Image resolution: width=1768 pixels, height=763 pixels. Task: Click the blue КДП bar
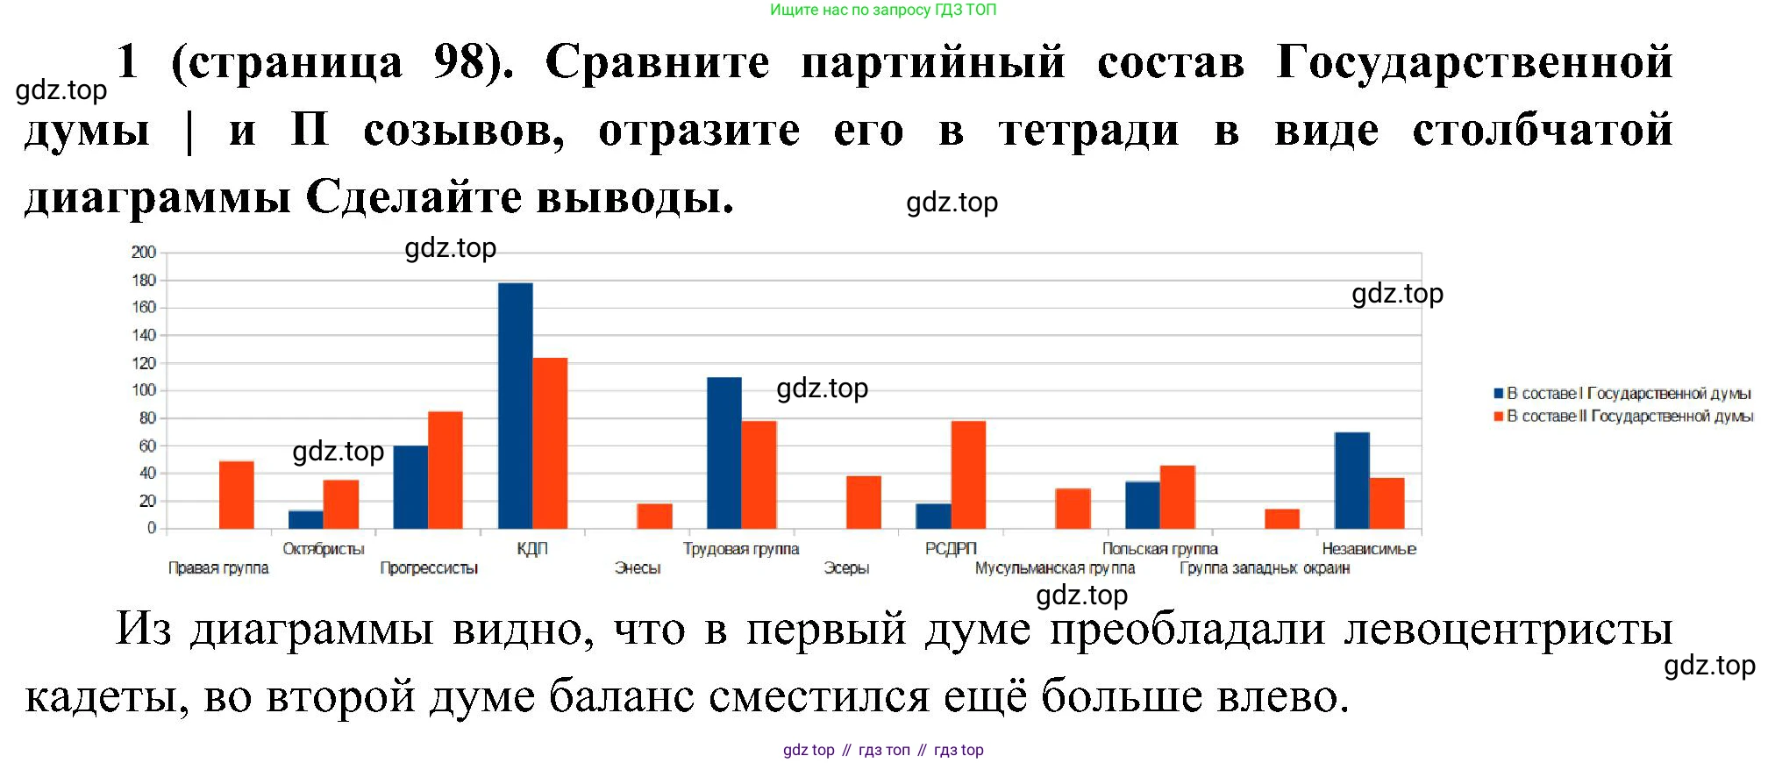click(516, 405)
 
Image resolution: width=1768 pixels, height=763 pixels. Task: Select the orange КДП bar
click(550, 443)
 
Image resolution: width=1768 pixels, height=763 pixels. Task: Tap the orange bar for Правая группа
click(237, 495)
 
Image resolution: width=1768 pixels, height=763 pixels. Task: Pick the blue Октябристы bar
click(306, 519)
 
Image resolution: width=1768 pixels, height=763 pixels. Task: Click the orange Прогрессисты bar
click(446, 470)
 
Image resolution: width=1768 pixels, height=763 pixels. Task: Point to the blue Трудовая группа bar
click(724, 453)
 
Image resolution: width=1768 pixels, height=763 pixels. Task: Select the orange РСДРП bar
click(968, 474)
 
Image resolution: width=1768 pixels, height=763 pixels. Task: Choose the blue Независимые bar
click(1352, 481)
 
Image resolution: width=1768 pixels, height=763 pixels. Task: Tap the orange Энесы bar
click(655, 516)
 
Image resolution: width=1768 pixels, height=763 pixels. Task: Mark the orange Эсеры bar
click(864, 502)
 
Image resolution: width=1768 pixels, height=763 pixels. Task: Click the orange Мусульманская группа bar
click(1073, 509)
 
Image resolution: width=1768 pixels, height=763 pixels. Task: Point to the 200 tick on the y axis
click(144, 253)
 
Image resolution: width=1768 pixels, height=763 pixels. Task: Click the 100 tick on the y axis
click(144, 390)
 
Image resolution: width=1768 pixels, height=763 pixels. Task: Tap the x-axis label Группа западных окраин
click(1265, 568)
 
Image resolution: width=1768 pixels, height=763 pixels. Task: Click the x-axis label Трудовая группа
click(741, 549)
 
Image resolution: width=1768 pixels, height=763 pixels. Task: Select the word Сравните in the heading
click(657, 63)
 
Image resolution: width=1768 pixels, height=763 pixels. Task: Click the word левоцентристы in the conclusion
click(1508, 630)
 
